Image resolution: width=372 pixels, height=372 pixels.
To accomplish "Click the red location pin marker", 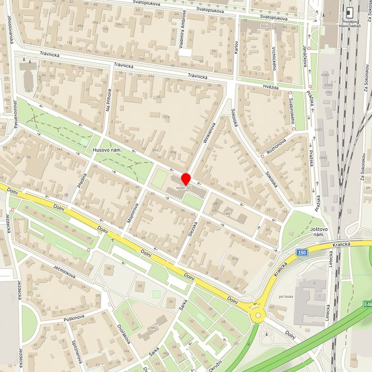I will pyautogui.click(x=187, y=178).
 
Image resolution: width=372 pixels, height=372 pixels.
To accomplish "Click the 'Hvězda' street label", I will pyautogui.click(x=270, y=88).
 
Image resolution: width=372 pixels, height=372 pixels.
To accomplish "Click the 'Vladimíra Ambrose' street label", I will pyautogui.click(x=182, y=36).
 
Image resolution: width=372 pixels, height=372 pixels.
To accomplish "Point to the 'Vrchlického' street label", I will pyautogui.click(x=273, y=58).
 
